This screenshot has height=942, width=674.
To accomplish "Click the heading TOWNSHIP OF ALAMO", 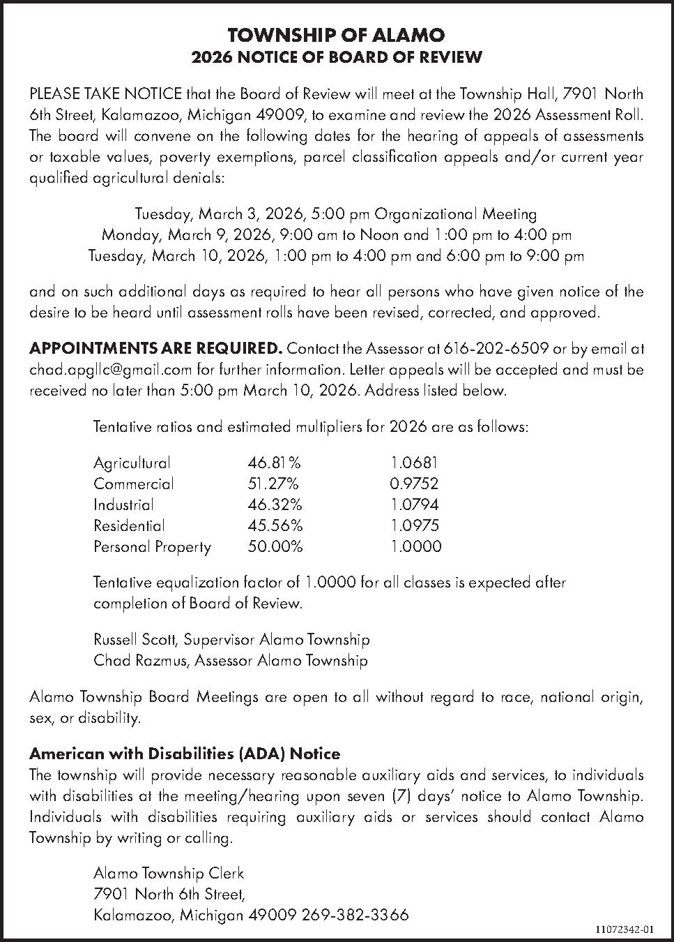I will tap(336, 35).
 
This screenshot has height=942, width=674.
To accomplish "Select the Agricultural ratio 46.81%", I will tap(274, 463).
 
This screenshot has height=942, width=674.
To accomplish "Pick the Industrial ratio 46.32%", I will tap(275, 504).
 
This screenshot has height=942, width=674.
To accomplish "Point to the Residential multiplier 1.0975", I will tap(415, 525).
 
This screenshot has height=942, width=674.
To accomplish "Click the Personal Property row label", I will tap(152, 546).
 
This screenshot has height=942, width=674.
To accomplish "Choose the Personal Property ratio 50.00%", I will tap(275, 546).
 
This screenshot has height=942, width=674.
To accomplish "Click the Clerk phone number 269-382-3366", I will tap(355, 915).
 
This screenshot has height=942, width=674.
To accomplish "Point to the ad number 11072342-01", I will tap(625, 929).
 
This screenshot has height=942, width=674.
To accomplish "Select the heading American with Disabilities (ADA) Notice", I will tap(185, 754).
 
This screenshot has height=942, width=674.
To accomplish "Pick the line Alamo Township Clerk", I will tap(169, 873).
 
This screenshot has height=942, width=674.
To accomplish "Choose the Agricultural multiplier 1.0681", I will tap(414, 463).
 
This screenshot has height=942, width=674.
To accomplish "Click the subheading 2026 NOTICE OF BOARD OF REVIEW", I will tap(336, 57).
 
